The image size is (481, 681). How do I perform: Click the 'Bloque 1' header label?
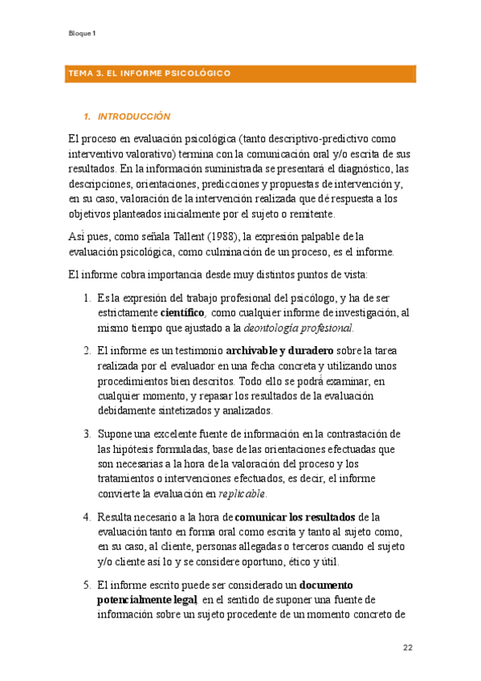coord(82,34)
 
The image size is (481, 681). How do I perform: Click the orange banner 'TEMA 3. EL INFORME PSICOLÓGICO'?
coord(150,74)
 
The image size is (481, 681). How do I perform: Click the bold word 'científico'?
coord(182,312)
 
